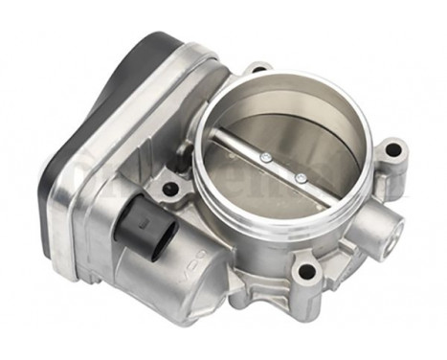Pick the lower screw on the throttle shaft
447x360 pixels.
(300, 178)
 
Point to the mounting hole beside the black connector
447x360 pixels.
(169, 188)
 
